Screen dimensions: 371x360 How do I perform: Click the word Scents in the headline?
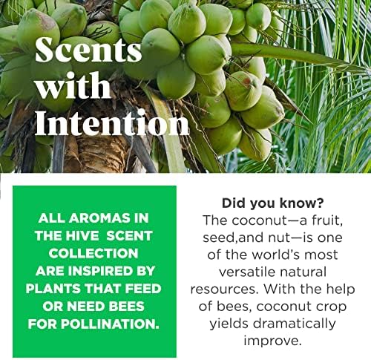click(x=88, y=50)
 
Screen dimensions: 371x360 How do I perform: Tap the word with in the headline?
click(x=73, y=85)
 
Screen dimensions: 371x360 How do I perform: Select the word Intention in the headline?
click(x=111, y=122)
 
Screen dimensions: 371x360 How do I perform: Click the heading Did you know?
click(x=272, y=203)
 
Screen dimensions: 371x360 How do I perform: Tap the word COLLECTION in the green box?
click(x=93, y=253)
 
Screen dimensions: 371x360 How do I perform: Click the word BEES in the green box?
click(x=127, y=307)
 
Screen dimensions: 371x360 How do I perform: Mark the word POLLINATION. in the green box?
click(x=110, y=324)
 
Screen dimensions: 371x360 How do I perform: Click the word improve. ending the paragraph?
click(x=273, y=341)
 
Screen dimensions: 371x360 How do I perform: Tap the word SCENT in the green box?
click(x=129, y=236)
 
